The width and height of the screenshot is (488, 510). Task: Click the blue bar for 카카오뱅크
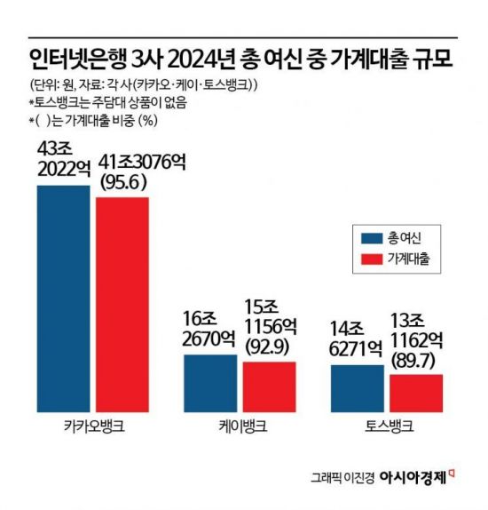63,298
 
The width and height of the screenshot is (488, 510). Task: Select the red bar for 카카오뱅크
122,303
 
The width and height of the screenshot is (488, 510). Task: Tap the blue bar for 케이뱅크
210,382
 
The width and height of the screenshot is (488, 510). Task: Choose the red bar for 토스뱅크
415,392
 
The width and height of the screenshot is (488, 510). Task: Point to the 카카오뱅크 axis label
93,426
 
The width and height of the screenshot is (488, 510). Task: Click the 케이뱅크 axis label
240,426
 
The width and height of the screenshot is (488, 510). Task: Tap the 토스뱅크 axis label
388,426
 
